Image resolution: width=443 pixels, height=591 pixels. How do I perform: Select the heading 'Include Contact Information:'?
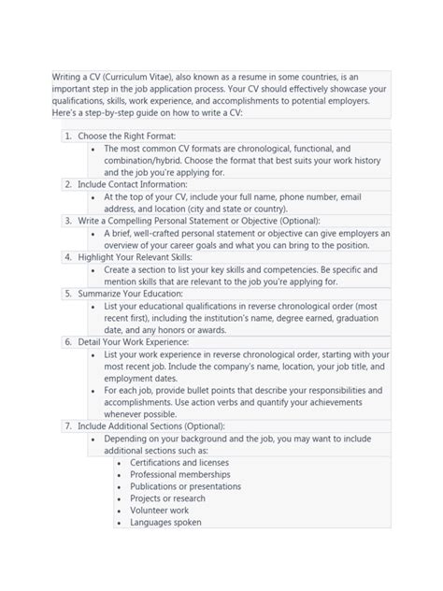pyautogui.click(x=133, y=184)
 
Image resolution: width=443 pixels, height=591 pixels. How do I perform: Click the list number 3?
pyautogui.click(x=68, y=221)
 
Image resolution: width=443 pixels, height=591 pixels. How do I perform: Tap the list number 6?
pyautogui.click(x=68, y=342)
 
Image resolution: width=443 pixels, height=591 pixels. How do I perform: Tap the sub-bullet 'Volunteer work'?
pyautogui.click(x=160, y=512)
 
